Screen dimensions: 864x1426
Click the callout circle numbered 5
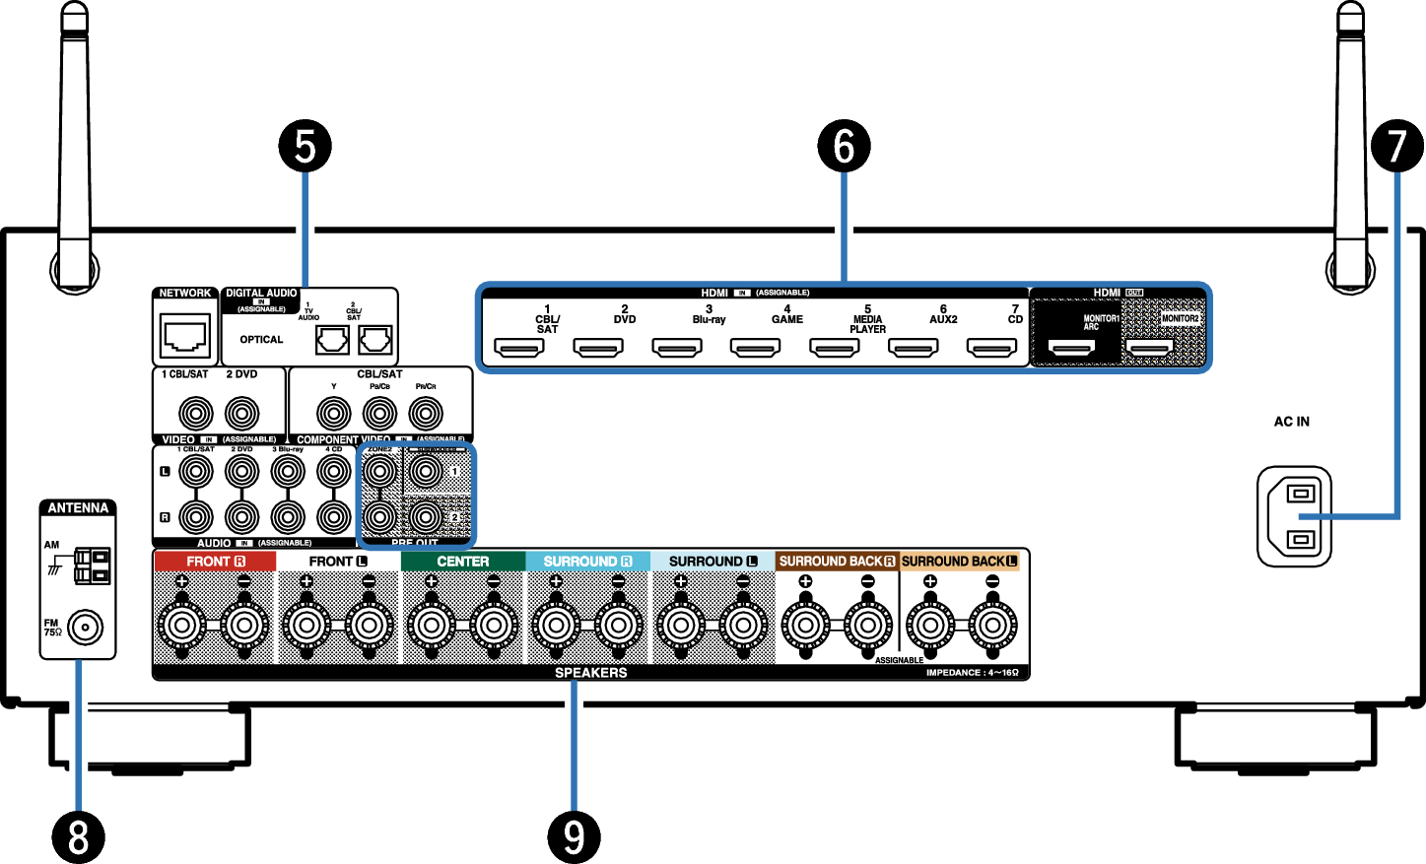pos(306,146)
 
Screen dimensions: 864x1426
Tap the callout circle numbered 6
pos(844,146)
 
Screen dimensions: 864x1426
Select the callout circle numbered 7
pos(1396,146)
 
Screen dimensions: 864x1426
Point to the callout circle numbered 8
pos(78,837)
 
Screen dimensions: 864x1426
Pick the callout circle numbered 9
pos(574,837)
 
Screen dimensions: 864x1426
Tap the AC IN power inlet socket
pos(1295,516)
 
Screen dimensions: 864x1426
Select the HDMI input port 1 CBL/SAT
pos(519,348)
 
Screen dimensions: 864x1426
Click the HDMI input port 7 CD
pos(991,348)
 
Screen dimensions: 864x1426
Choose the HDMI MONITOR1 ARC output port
pos(1071,348)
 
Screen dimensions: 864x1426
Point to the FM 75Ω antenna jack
pos(85,627)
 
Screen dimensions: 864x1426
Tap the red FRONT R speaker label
pos(215,561)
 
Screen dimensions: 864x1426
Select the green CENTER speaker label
pos(462,561)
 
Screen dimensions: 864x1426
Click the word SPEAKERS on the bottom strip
pos(590,673)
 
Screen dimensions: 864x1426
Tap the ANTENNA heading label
pos(78,508)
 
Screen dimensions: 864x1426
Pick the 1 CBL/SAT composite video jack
pos(195,413)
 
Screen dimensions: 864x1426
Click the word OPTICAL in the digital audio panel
pos(261,340)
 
